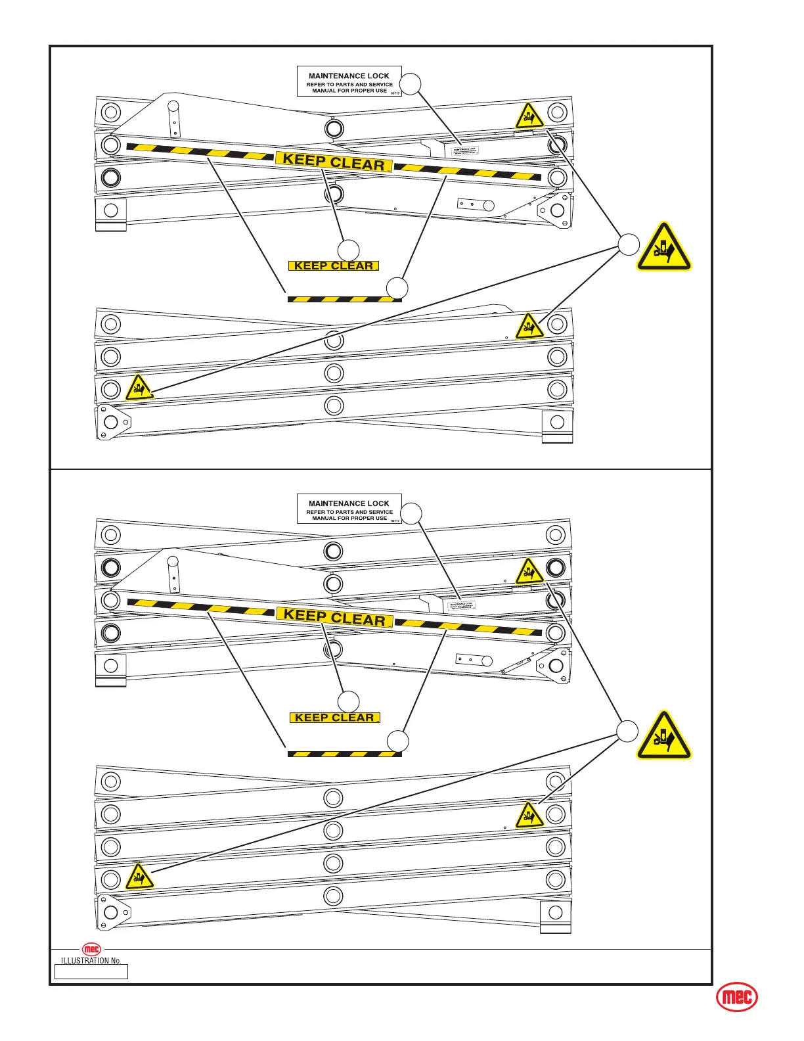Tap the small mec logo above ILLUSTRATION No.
click(x=91, y=949)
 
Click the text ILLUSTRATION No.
click(x=91, y=960)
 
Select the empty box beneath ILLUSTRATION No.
click(x=91, y=971)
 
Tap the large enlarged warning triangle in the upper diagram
click(x=663, y=248)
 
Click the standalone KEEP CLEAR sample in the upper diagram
click(x=334, y=266)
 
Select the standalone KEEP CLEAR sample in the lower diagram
click(x=334, y=718)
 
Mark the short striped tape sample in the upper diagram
click(x=344, y=300)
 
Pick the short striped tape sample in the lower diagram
click(x=344, y=754)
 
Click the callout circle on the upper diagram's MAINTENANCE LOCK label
click(x=411, y=84)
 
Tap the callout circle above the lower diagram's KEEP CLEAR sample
click(x=349, y=701)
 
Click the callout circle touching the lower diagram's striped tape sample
click(x=397, y=741)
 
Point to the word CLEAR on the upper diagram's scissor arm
click(x=357, y=164)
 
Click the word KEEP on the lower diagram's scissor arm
click(x=305, y=616)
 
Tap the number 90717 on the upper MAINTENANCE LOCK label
click(x=395, y=93)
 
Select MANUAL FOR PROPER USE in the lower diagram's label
click(x=349, y=519)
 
